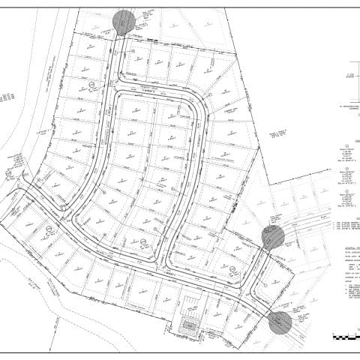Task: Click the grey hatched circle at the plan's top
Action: click(x=124, y=22)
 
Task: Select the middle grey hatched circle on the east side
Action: click(x=273, y=237)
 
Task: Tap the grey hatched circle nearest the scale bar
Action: click(x=280, y=322)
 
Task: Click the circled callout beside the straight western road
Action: click(x=90, y=85)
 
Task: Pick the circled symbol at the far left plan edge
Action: click(x=8, y=173)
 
